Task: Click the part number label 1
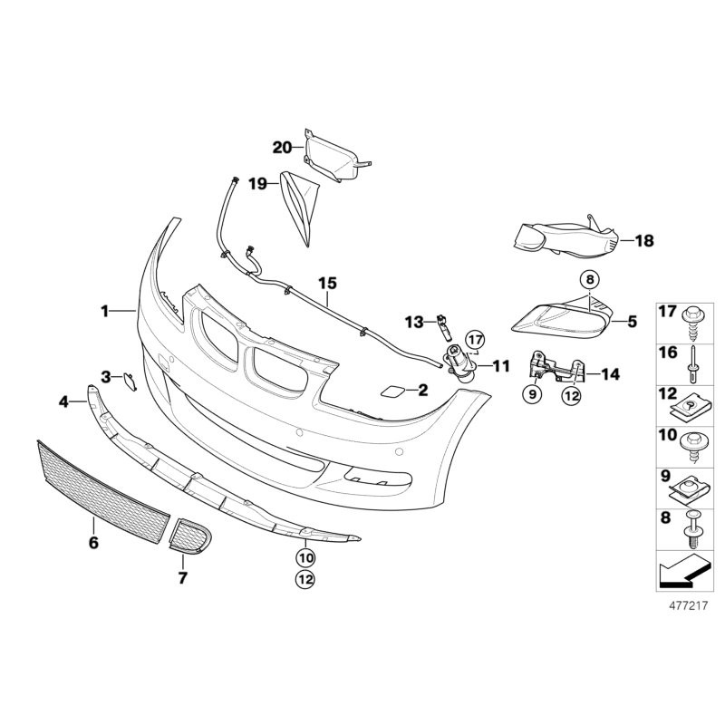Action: click(104, 311)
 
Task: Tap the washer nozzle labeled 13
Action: click(442, 324)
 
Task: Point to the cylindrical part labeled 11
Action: click(457, 362)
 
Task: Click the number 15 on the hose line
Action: click(326, 283)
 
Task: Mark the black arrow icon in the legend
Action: click(678, 572)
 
